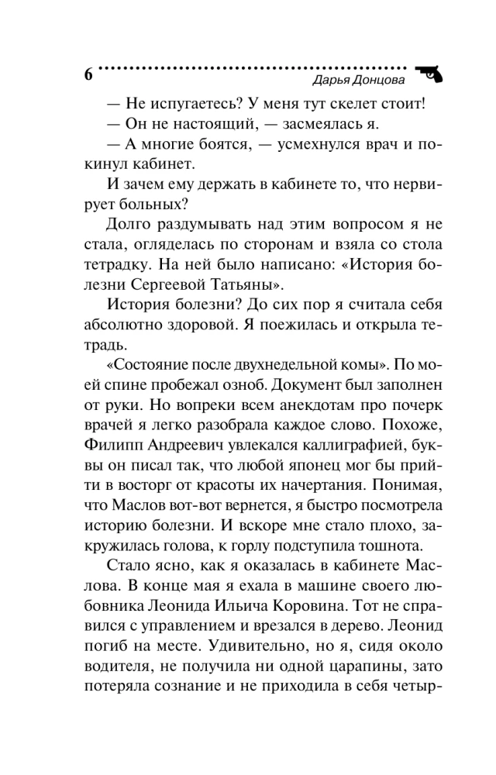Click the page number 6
coord(88,75)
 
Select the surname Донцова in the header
coord(379,81)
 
